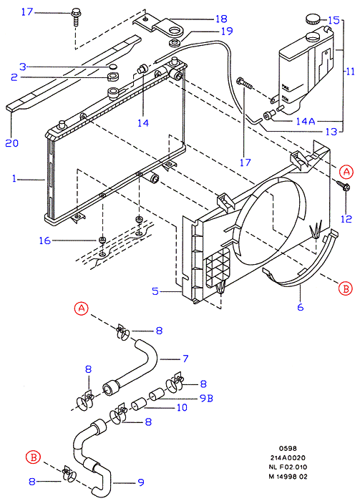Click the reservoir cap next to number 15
coord(312,19)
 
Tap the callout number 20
coord(12,143)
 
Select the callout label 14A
coord(306,121)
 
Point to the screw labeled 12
coord(343,185)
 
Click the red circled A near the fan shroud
coord(346,172)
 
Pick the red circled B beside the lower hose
coord(33,457)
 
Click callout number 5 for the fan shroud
coord(155,291)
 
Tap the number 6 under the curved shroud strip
coord(301,307)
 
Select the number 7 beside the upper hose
coord(185,359)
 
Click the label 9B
coord(206,398)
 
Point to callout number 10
coord(182,407)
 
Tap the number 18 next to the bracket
coord(221,19)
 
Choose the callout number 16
coord(44,240)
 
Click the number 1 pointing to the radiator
coord(14,178)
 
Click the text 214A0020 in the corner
coord(287,458)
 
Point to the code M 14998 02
coord(288,477)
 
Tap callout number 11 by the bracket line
coord(351,71)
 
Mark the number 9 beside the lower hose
coord(141,482)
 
